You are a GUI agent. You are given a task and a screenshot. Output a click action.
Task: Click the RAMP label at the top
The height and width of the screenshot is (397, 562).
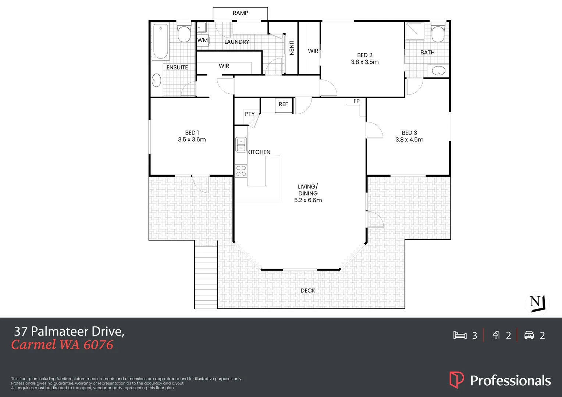pos(240,13)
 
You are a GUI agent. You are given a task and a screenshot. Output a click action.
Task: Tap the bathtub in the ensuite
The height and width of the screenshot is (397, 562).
pos(161,42)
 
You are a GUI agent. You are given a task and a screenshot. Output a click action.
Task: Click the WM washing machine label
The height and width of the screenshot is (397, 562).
pos(202,40)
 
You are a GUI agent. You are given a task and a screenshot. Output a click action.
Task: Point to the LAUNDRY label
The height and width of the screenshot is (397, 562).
pos(236,42)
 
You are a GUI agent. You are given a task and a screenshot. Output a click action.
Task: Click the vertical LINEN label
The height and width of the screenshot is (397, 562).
pos(292,48)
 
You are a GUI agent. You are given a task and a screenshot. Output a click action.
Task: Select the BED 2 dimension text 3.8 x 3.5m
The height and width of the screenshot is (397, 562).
pos(364,62)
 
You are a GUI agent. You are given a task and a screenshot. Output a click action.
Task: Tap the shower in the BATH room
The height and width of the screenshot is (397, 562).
pos(415,31)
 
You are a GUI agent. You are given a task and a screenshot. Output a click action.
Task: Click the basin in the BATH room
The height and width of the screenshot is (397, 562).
pos(438,71)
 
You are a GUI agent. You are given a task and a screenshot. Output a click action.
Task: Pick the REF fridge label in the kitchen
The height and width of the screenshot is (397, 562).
pos(283,104)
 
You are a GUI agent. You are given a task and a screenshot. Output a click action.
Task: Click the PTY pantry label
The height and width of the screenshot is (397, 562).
pos(250,114)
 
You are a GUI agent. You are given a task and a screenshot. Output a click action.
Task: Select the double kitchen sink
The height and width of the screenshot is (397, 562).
pos(241,144)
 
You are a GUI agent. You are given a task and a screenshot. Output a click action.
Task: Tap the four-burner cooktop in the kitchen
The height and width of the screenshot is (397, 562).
pos(241,171)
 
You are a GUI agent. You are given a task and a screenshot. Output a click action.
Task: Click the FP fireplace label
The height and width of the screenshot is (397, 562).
pos(356,101)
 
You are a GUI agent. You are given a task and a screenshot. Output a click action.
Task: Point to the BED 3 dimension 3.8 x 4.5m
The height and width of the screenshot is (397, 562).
pos(409,140)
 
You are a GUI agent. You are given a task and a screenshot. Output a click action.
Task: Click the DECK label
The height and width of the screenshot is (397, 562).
pos(308,290)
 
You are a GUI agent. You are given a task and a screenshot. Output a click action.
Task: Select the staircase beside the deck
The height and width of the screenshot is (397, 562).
pos(206,277)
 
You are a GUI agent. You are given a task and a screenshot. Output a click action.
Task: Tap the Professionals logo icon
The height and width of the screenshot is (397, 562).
pos(456,380)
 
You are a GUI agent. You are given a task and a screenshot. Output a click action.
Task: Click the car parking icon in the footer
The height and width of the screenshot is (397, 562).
pos(529,335)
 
